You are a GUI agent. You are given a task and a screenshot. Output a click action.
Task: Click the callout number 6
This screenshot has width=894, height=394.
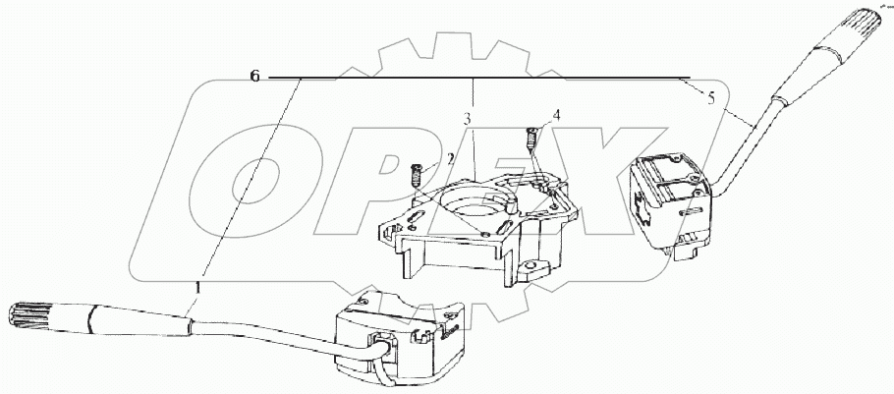tap(255, 77)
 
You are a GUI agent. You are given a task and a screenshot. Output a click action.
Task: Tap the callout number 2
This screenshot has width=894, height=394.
tap(450, 157)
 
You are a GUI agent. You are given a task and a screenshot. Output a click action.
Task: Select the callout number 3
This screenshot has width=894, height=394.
tap(469, 119)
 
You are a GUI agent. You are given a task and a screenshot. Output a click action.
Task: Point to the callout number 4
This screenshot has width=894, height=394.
tap(557, 115)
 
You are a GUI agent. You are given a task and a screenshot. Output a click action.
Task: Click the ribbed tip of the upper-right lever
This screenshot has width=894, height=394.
tap(860, 28)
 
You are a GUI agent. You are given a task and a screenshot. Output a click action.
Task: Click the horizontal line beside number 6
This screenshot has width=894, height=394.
tap(472, 77)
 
